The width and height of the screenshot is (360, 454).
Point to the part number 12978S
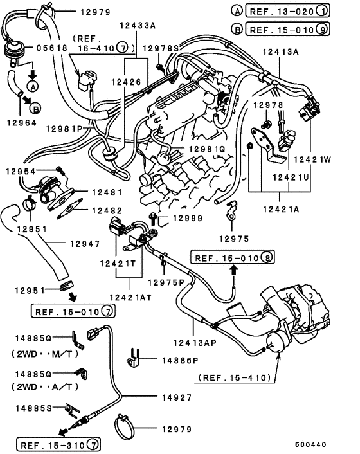pyautogui.click(x=161, y=48)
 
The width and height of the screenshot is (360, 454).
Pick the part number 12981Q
pyautogui.click(x=206, y=149)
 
